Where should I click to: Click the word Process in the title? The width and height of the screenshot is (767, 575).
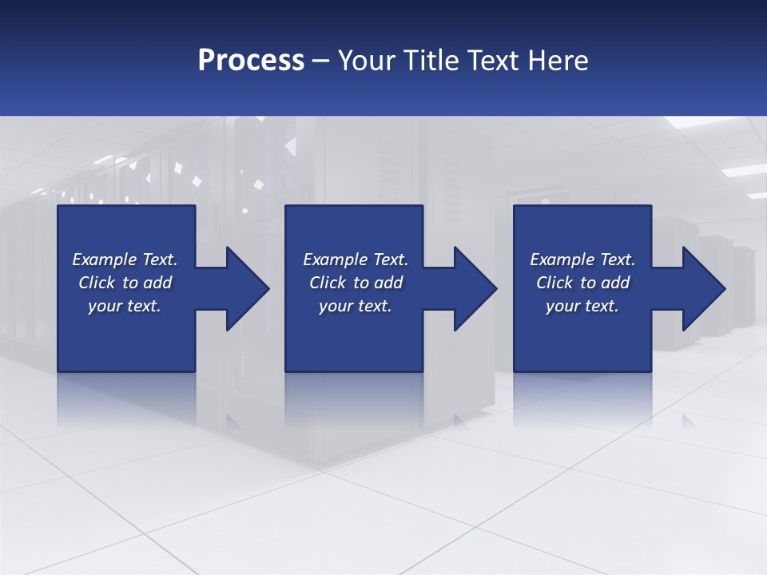point(251,61)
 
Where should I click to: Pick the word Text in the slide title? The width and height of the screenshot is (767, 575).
point(495,61)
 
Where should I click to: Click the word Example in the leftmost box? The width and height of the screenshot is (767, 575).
point(105,260)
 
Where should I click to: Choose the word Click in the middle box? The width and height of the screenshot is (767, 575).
point(328,283)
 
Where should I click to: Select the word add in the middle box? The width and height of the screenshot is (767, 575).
point(388,283)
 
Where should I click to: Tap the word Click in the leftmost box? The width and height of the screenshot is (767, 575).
point(97,283)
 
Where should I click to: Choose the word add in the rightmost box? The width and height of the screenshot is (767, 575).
point(615,283)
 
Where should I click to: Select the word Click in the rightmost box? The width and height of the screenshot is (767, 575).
point(554,283)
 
